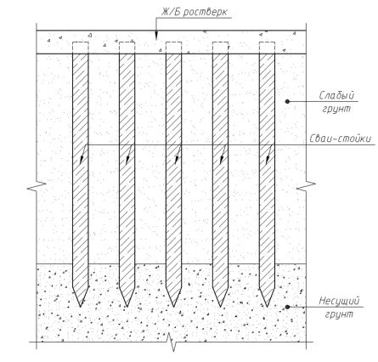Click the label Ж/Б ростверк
[194, 12]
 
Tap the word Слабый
[336, 95]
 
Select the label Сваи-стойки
[340, 139]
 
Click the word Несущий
[339, 301]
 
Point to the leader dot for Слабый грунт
[287, 101]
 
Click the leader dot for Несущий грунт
[287, 307]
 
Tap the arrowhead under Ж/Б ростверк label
[156, 36]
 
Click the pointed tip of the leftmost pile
[81, 307]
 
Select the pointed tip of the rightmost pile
[267, 307]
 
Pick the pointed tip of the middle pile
[173, 307]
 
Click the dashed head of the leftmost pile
[81, 48]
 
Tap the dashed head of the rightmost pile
[267, 48]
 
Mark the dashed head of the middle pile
[173, 48]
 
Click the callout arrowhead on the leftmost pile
[82, 160]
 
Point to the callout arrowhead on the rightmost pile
[268, 160]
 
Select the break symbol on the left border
[37, 186]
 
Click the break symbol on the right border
[306, 186]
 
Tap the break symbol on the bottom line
[172, 342]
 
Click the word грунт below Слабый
[336, 109]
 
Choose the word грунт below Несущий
[339, 314]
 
